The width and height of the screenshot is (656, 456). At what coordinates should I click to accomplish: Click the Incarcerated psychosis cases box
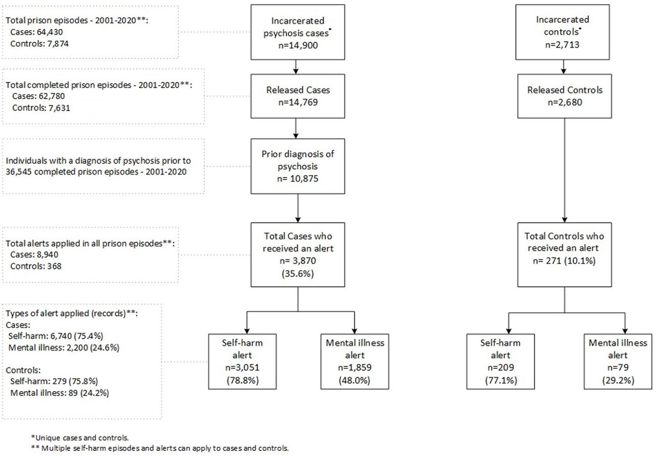click(298, 32)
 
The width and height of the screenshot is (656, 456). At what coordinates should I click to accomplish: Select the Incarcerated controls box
click(562, 32)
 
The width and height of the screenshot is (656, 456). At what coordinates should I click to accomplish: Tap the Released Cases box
click(298, 96)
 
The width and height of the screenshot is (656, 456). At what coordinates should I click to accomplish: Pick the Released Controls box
click(564, 96)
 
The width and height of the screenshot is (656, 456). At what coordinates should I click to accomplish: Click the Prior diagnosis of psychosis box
click(298, 166)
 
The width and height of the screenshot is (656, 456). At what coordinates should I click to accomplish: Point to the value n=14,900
click(298, 46)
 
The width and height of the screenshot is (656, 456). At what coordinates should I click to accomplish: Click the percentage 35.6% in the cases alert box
click(298, 273)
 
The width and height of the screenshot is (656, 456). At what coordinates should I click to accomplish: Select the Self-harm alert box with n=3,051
click(242, 361)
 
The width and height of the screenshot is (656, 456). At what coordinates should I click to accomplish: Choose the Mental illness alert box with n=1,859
click(355, 361)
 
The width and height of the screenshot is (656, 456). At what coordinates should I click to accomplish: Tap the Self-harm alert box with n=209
click(501, 361)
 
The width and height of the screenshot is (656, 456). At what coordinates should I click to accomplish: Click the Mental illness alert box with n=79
click(618, 361)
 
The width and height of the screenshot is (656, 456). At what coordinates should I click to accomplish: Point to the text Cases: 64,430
click(36, 32)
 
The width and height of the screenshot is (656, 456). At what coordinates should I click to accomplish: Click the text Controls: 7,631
click(41, 108)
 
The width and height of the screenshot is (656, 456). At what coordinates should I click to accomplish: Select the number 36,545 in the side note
click(18, 171)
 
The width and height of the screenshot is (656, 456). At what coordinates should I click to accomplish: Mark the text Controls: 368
click(36, 266)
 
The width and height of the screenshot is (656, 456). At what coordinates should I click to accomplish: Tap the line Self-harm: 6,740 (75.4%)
click(56, 336)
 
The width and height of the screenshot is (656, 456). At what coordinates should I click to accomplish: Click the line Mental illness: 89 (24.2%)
click(59, 393)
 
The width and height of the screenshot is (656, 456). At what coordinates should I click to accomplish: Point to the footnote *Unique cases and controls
click(79, 438)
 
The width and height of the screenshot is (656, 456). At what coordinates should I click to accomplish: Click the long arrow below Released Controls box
click(564, 170)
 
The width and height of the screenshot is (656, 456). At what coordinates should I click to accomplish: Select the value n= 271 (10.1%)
click(564, 260)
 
